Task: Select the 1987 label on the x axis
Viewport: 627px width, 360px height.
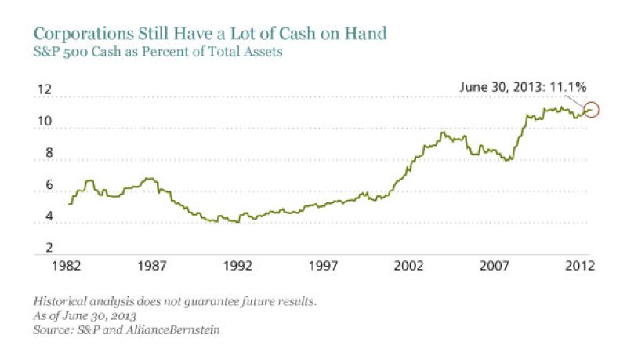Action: pyautogui.click(x=152, y=267)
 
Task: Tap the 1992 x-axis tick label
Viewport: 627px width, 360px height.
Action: pyautogui.click(x=238, y=267)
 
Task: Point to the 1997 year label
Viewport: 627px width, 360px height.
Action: pyautogui.click(x=324, y=267)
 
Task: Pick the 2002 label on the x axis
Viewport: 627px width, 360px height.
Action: pyautogui.click(x=411, y=267)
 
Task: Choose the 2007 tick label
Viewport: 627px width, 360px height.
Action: pyautogui.click(x=497, y=267)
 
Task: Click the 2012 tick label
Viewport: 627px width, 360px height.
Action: pyautogui.click(x=578, y=267)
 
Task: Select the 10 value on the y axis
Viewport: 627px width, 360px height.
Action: pyautogui.click(x=45, y=122)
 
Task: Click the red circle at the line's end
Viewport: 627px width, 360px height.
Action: pyautogui.click(x=592, y=111)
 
